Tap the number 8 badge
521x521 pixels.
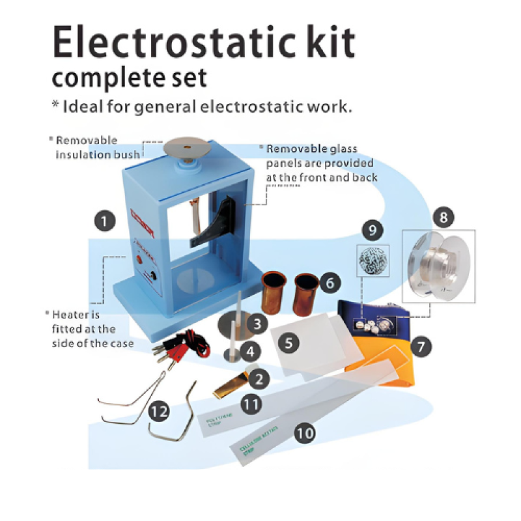(443, 218)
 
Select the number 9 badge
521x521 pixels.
(373, 230)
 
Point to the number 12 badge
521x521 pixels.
(158, 411)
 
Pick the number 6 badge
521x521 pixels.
(330, 283)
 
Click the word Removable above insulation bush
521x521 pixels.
(86, 140)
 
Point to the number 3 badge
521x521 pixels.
(259, 322)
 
